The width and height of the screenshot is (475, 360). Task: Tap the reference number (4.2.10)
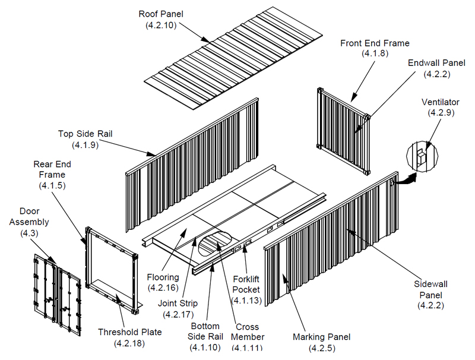click(161, 25)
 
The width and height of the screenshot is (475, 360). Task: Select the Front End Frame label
click(374, 43)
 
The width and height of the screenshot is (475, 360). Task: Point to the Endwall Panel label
click(436, 63)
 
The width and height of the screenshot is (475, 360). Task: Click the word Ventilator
click(440, 102)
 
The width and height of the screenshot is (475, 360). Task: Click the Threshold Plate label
click(129, 332)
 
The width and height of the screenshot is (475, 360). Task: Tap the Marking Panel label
click(321, 337)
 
